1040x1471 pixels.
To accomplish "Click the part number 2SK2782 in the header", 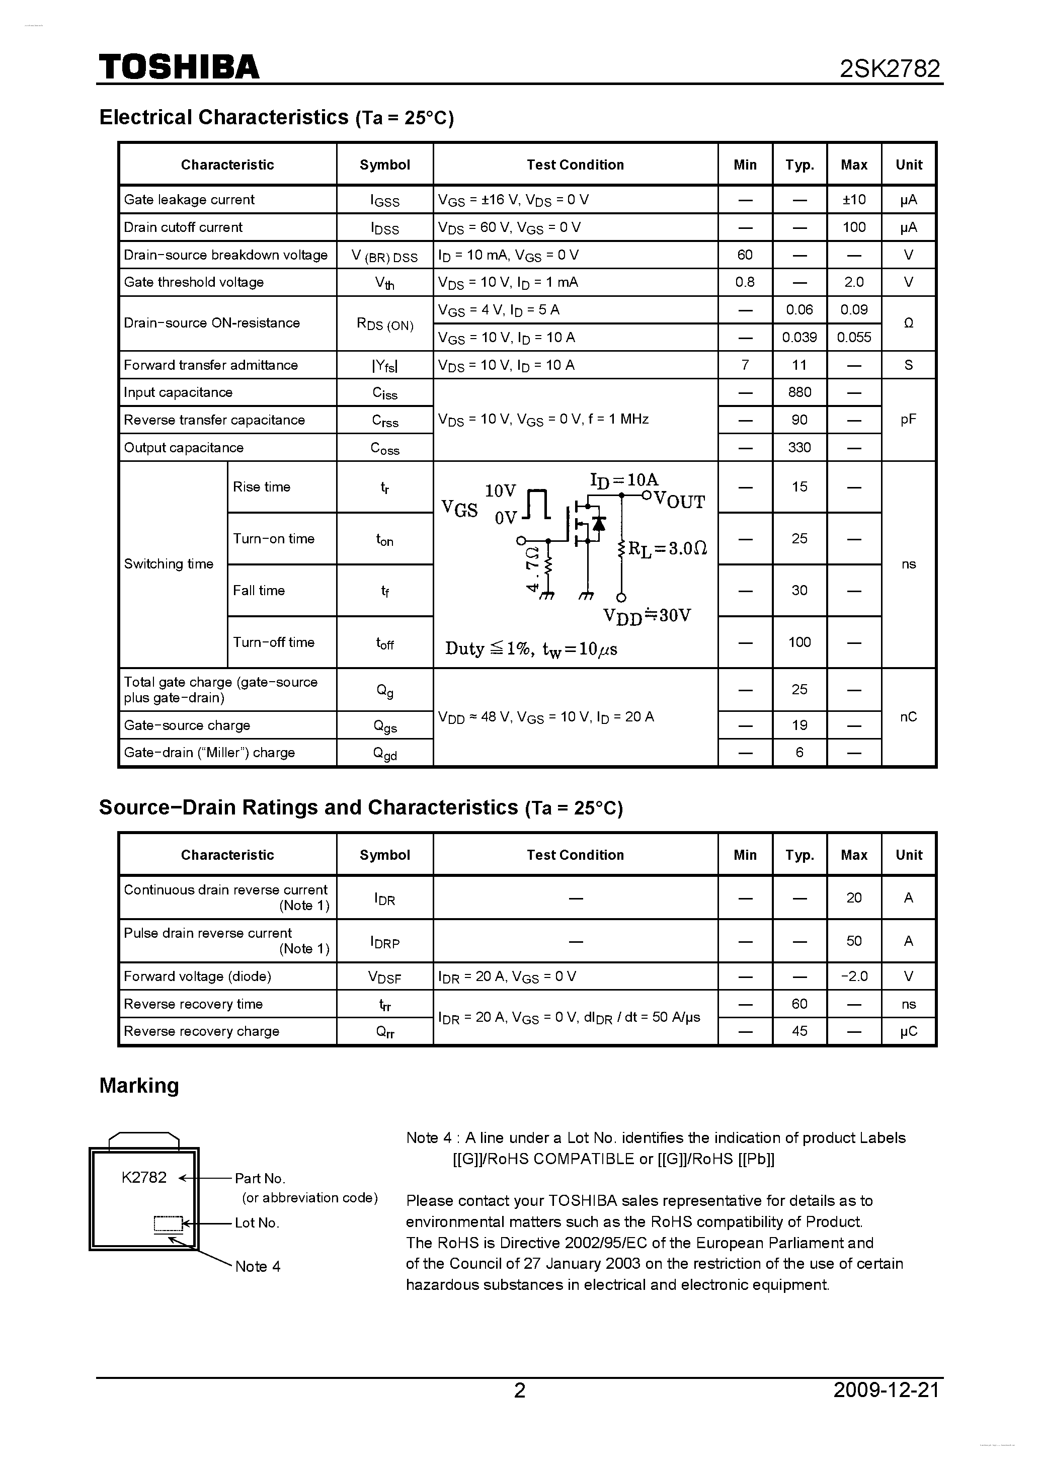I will (890, 68).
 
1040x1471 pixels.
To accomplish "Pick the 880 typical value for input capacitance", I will (799, 392).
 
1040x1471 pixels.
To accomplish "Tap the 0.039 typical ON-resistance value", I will (799, 338).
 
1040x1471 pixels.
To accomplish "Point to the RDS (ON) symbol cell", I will (384, 324).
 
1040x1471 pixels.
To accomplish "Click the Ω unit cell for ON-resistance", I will (908, 323).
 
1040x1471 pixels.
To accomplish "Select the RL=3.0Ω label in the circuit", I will (667, 549).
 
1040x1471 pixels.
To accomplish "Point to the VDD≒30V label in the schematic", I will (647, 616).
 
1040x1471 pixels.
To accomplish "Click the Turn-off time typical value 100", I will (799, 642).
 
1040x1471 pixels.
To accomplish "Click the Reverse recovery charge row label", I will (201, 1031).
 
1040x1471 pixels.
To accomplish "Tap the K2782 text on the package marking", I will (144, 1178).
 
